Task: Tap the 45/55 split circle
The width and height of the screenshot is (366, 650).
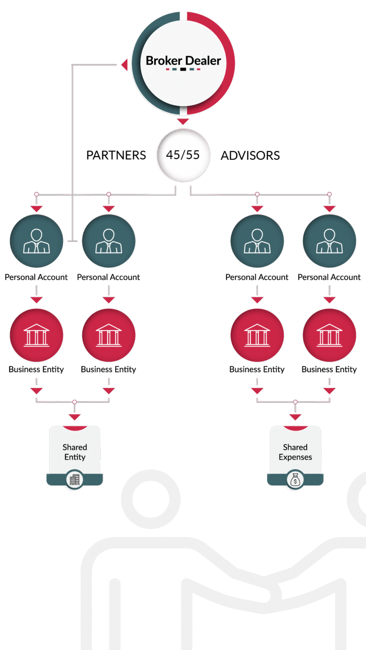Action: [x=183, y=155]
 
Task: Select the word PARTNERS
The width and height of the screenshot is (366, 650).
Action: [x=116, y=155]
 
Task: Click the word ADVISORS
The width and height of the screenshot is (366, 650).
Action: [x=250, y=155]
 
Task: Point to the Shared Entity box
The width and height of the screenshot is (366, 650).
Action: [x=75, y=452]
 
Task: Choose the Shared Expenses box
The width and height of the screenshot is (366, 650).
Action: [x=295, y=452]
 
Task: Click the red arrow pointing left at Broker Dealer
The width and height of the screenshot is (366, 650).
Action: [x=124, y=65]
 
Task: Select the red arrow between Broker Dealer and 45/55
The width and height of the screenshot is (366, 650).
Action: [x=183, y=122]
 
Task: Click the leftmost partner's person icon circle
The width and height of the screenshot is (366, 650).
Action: [x=36, y=241]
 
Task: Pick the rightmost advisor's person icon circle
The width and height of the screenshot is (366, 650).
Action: [x=330, y=241]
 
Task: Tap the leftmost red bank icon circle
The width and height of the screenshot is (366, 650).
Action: [x=36, y=335]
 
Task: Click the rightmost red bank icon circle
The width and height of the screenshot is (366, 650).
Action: [x=330, y=335]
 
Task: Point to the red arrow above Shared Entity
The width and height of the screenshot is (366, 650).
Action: [x=75, y=417]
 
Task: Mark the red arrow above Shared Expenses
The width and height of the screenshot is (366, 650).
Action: [x=295, y=417]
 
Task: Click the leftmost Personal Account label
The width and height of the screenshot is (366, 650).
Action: [x=36, y=277]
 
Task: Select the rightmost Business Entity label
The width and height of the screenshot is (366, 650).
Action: [x=329, y=369]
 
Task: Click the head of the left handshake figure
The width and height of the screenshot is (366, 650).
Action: [x=151, y=499]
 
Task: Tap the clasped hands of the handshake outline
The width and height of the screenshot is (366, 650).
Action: [x=271, y=592]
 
